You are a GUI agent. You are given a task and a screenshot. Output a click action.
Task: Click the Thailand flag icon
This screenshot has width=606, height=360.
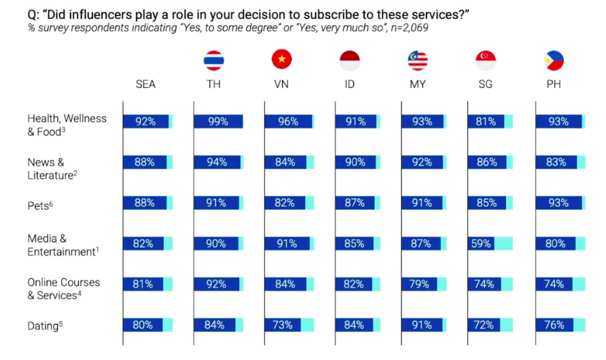pos(214,60)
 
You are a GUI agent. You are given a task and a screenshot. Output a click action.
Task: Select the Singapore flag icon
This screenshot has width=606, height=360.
pos(486,60)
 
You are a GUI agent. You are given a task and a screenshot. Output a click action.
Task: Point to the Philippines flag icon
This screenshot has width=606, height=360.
pos(554,60)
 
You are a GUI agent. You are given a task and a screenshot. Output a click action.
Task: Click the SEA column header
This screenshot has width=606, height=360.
pos(145,85)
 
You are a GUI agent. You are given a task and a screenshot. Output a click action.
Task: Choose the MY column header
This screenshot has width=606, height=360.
pos(417,85)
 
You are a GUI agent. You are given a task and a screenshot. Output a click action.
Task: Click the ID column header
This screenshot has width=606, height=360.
pos(350,85)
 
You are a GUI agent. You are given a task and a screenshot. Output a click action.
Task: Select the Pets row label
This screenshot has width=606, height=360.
pos(39,205)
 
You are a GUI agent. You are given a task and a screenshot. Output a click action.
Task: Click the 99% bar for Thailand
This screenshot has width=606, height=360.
pos(218,122)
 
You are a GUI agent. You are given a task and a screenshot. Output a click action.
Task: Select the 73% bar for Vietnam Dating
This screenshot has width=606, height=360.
pos(283,325)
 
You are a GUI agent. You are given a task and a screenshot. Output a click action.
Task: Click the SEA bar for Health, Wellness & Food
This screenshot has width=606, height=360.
pos(146,122)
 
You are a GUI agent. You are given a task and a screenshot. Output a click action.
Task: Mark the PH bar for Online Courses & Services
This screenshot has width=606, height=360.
pos(554,284)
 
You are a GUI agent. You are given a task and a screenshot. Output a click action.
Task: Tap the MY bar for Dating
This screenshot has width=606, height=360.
pos(421,325)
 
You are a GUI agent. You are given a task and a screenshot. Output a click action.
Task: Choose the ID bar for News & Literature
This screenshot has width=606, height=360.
pos(355,162)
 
